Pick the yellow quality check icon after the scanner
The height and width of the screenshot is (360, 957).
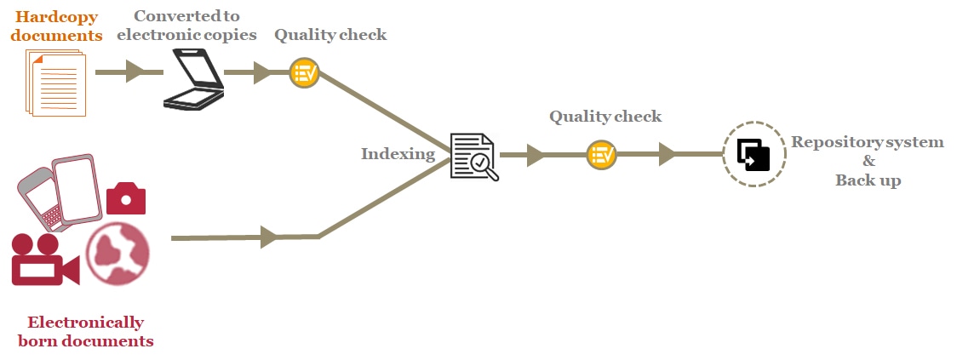304,73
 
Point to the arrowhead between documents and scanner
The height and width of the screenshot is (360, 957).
135,72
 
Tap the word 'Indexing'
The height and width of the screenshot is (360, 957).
398,154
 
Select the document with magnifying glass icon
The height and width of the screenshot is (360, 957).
473,156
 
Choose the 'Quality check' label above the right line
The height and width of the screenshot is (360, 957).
605,117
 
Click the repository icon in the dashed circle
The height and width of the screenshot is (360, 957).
753,155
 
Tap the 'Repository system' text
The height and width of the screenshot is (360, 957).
867,142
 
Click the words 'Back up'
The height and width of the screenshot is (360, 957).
868,180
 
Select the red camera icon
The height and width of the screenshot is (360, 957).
126,198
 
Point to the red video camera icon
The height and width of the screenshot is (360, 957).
43,259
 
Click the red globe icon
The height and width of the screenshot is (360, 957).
117,253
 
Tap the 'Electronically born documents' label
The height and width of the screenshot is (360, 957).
85,332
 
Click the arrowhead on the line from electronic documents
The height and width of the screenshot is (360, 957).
270,237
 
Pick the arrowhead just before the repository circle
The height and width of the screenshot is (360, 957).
668,155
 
